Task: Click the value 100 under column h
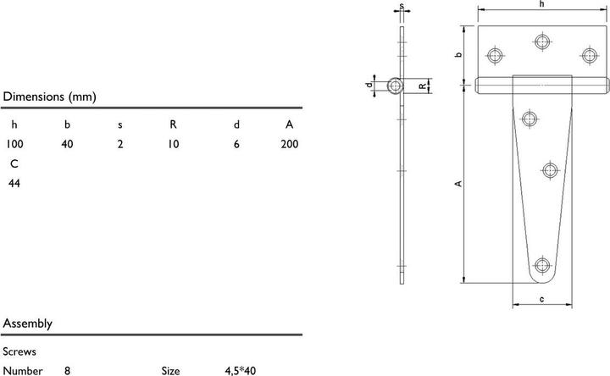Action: point(14,144)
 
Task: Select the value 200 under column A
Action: point(290,144)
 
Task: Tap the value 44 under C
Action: point(14,183)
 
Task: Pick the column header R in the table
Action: point(173,124)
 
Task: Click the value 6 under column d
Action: point(236,144)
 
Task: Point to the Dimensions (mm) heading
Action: point(49,97)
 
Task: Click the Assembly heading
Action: point(28,323)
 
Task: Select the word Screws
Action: point(19,351)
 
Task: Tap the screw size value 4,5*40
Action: point(241,371)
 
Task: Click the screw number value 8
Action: point(67,371)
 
